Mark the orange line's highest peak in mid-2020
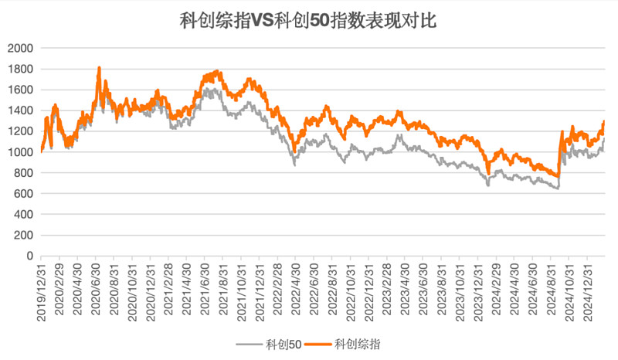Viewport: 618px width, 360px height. tap(99, 68)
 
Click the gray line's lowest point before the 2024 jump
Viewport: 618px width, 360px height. tap(557, 188)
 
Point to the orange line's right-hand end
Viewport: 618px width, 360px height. tap(604, 121)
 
